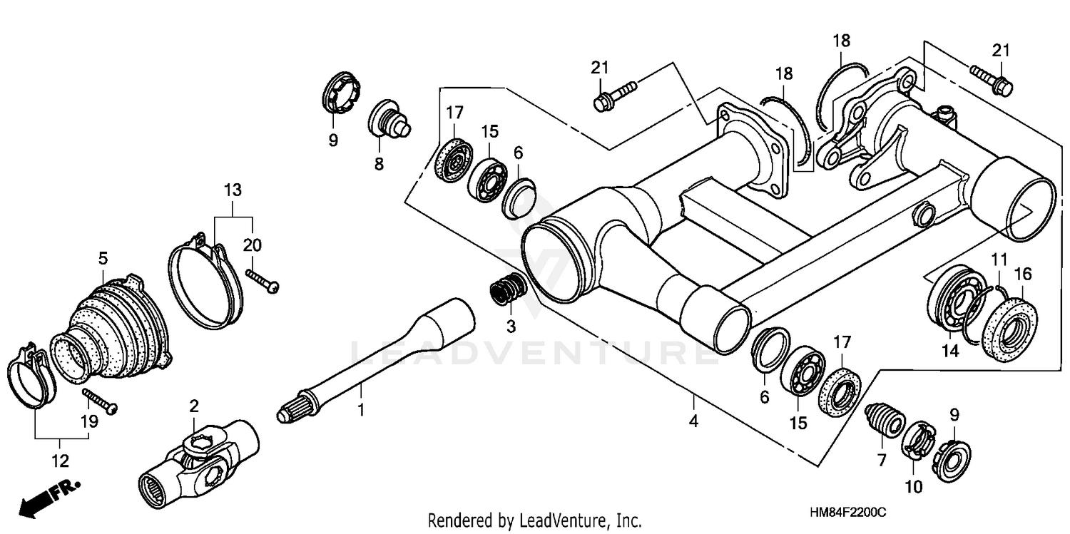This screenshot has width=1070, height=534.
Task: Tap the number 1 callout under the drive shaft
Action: pyautogui.click(x=361, y=410)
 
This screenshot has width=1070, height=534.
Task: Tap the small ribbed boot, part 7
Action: pyautogui.click(x=885, y=421)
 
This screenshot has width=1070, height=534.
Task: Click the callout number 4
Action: pyautogui.click(x=693, y=421)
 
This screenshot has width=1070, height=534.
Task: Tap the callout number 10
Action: pyautogui.click(x=914, y=488)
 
